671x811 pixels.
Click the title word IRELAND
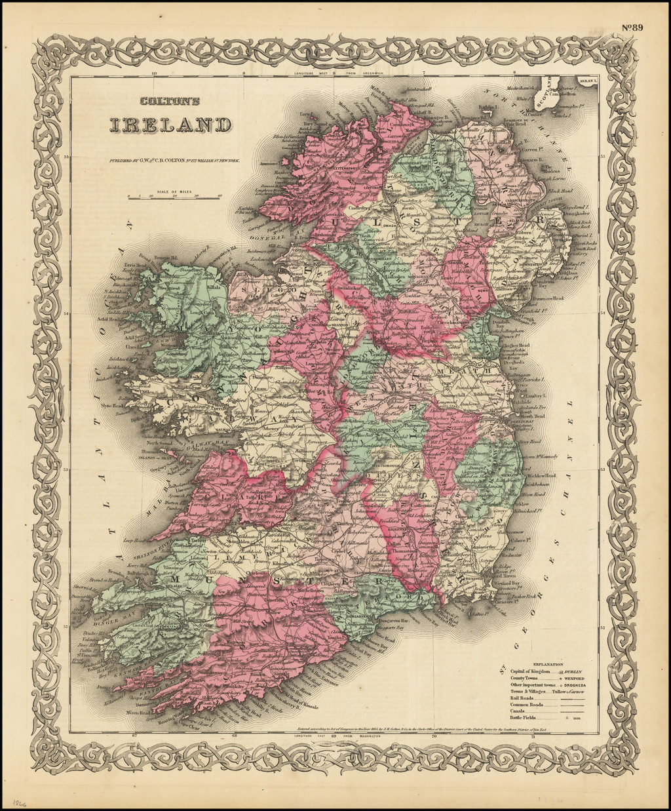point(170,125)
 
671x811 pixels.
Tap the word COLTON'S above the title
point(170,102)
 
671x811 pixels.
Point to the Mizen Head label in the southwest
point(137,711)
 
